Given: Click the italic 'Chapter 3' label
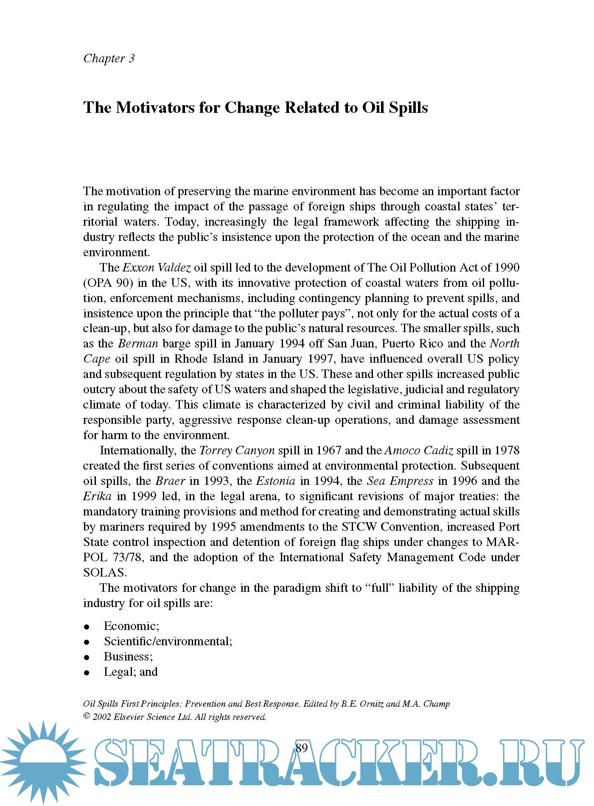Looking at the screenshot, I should [109, 58].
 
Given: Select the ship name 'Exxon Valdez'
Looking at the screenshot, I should [157, 268].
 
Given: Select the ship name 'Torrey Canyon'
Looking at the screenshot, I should [237, 451].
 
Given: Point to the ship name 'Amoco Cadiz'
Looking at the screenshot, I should [418, 451].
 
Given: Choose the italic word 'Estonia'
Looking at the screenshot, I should [276, 481].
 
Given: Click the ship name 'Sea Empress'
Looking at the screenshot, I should [400, 481].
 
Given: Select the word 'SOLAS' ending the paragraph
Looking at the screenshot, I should [104, 573].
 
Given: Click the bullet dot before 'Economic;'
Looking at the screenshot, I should [87, 627].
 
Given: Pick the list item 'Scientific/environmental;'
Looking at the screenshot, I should [168, 641].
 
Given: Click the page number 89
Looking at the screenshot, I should [301, 748].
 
